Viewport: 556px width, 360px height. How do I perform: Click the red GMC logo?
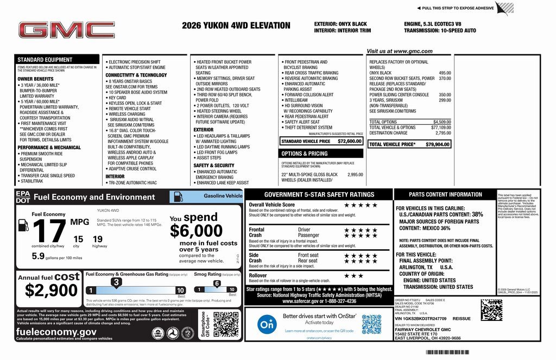click(x=66, y=30)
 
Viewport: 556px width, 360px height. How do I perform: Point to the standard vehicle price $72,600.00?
click(x=349, y=141)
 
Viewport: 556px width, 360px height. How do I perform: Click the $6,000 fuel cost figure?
click(x=196, y=231)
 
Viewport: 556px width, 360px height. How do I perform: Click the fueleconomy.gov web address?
click(x=56, y=332)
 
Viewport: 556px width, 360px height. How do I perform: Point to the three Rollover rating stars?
click(x=354, y=276)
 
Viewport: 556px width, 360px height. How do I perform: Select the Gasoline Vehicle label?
click(x=223, y=195)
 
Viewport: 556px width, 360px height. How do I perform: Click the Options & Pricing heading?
click(x=305, y=154)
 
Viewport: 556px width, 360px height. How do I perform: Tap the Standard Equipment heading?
click(x=45, y=60)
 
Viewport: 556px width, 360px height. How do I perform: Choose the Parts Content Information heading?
click(x=445, y=194)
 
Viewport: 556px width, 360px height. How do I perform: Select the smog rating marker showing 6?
click(x=217, y=283)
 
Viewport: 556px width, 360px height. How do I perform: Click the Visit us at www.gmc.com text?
click(x=399, y=51)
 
